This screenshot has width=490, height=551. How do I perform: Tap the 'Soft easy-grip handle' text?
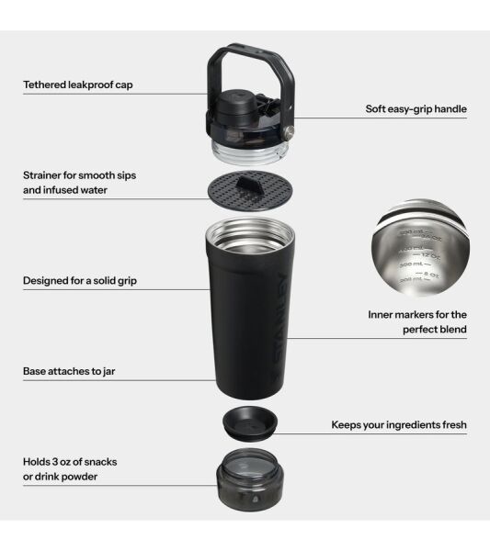click(416, 109)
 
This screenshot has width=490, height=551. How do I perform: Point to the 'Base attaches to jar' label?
click(69, 372)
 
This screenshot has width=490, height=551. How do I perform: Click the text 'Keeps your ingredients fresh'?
click(399, 425)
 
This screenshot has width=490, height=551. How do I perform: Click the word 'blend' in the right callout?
click(451, 329)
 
